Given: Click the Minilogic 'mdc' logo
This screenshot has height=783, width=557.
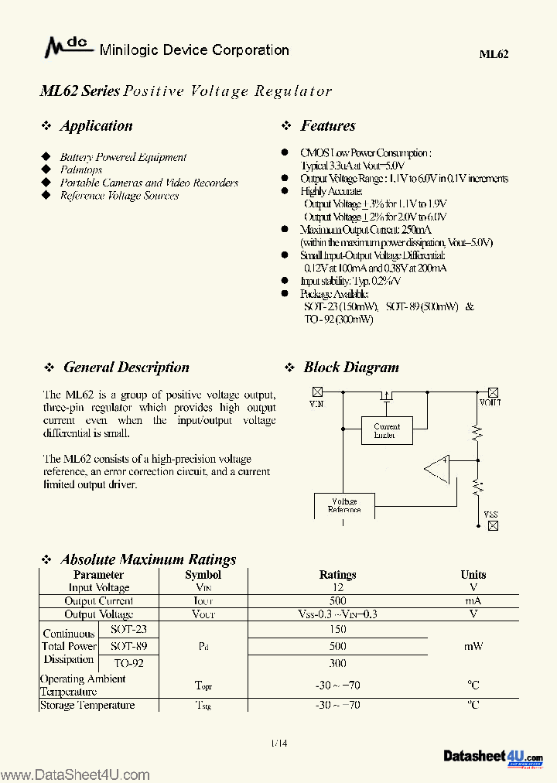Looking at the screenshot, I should pos(67,49).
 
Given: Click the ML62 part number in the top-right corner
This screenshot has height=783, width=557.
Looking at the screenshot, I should pos(494,53).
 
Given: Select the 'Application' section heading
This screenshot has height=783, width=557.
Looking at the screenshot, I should pos(96,126).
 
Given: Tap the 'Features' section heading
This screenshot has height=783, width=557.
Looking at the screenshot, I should pos(328,126).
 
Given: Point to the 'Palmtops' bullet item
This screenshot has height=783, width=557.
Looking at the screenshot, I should pos(81,169).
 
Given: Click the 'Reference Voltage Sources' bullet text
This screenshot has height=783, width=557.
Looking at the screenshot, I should pos(119,196).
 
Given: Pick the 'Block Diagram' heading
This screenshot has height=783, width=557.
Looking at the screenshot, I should pos(351,368).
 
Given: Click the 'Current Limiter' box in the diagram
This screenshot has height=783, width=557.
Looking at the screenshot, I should pos(387,430).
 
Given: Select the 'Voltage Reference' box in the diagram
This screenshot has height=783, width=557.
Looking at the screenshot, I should pos(344,505).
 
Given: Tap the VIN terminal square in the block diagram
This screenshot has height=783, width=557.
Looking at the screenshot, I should pos(316,392).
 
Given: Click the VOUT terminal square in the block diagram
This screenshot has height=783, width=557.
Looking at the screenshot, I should pos(493,392).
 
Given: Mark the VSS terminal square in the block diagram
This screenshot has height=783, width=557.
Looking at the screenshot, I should pos(493,525).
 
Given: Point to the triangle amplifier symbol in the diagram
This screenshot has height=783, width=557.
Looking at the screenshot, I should pos(438,468).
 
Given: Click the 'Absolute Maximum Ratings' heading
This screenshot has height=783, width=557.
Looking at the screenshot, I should pos(149,559).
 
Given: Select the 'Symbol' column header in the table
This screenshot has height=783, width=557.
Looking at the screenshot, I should pos(203,575).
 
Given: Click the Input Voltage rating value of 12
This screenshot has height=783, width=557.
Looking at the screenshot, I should pos(337,588).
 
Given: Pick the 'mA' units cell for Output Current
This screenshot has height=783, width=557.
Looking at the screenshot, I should pos(473,601).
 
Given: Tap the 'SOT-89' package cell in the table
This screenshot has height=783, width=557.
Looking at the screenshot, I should pos(128,645).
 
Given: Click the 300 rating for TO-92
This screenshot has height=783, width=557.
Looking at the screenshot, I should pos(337,663).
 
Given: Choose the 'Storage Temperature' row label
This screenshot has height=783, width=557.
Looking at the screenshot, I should pos(87,705).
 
